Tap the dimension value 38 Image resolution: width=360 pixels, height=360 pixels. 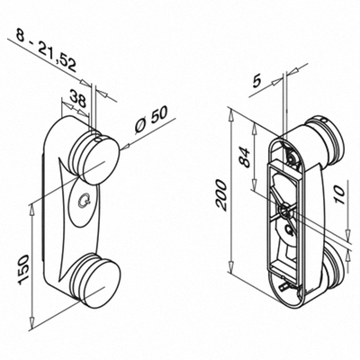[77, 98]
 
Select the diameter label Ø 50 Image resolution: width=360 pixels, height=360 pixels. [151, 120]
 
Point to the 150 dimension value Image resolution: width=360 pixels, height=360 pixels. [23, 269]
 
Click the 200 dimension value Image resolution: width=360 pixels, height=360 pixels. [221, 194]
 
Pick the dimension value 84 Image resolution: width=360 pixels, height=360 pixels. [245, 157]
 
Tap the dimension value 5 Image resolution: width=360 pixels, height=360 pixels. [257, 82]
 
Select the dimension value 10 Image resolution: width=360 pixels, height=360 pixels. [339, 194]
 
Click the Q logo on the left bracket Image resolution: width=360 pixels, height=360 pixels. [84, 201]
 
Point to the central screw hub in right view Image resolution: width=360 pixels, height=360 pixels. [284, 211]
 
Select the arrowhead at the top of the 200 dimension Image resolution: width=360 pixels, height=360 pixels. [231, 115]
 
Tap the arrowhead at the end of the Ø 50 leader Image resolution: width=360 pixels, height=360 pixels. [125, 146]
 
